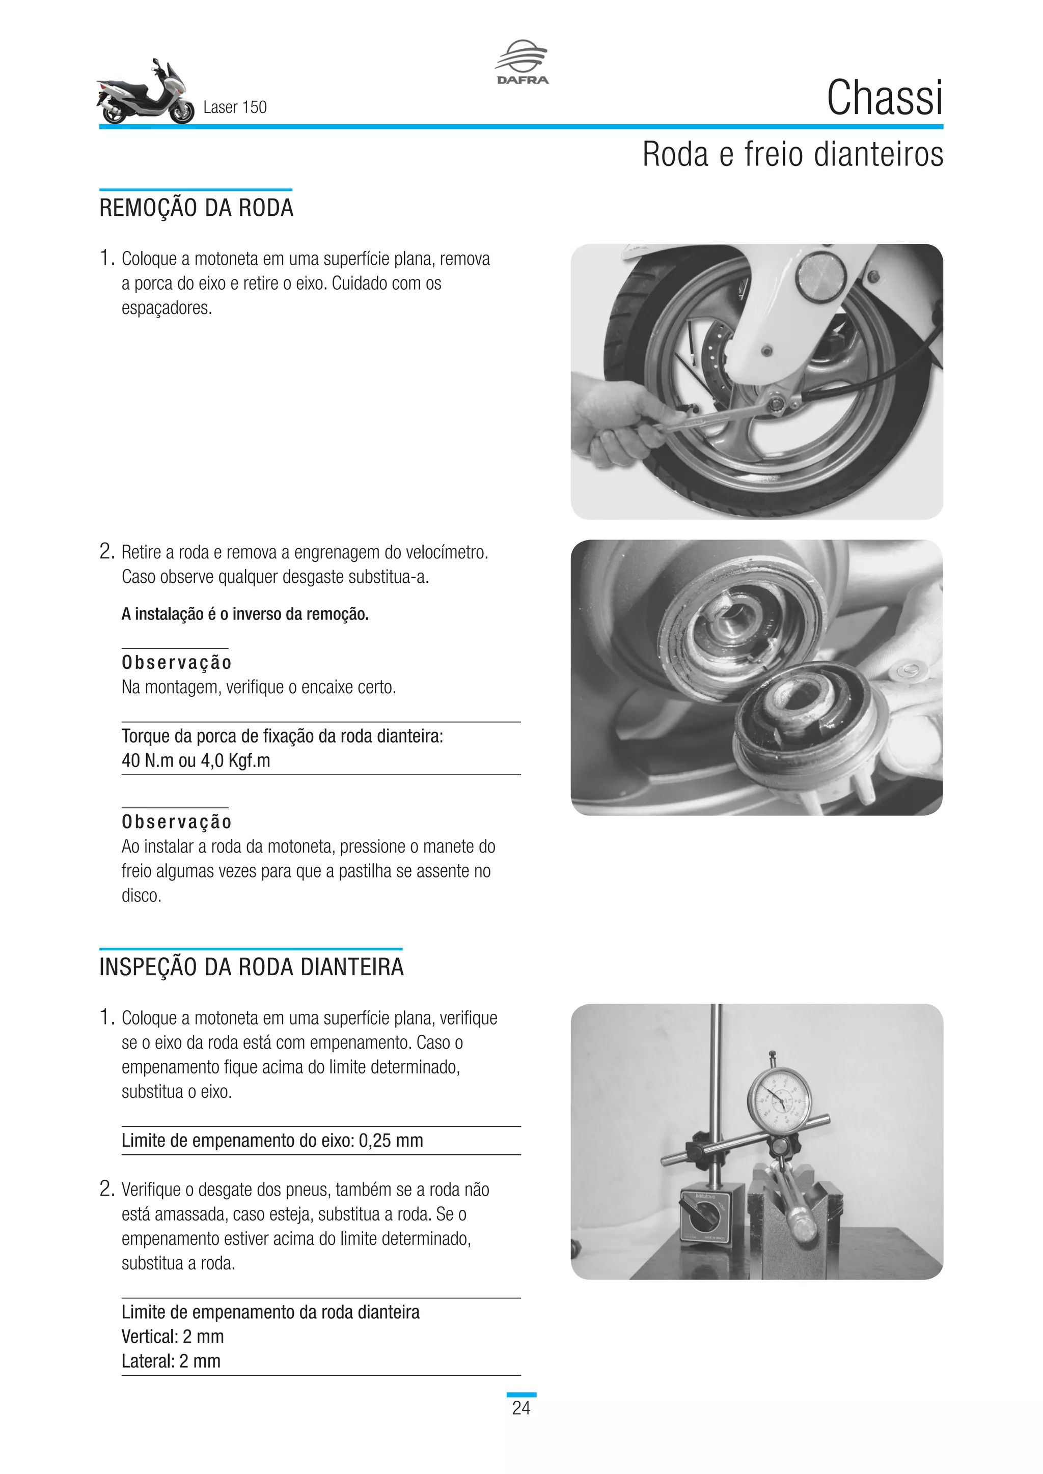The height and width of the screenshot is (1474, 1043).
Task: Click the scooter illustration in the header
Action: tap(145, 94)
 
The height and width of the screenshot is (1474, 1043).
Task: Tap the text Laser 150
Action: tap(234, 107)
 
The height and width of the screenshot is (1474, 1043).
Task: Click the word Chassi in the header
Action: tap(885, 98)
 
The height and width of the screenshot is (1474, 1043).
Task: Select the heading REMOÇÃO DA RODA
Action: tap(196, 208)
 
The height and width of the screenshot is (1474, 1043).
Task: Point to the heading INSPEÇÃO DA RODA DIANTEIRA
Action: tap(251, 967)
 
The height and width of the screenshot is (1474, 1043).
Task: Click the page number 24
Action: tap(521, 1408)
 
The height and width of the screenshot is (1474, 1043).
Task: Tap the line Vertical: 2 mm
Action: tap(173, 1337)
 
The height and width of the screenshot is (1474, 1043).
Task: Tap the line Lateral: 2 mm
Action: tap(171, 1361)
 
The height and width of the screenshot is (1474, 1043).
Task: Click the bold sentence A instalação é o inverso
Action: tap(244, 614)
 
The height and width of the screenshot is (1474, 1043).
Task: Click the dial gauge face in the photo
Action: tap(779, 1101)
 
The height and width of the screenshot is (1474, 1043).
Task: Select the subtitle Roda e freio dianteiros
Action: tap(792, 155)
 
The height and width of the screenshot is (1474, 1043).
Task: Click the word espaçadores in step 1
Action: tap(167, 308)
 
